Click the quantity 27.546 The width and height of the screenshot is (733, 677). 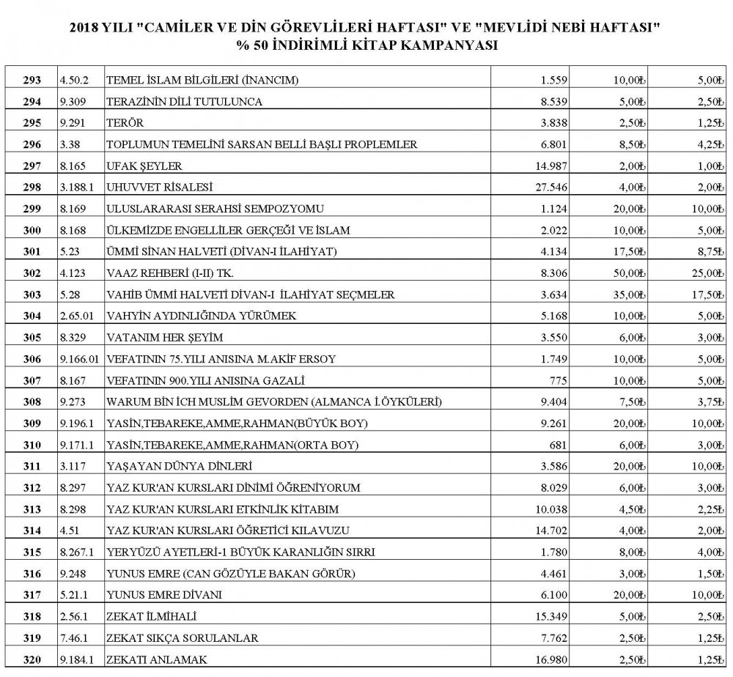(x=545, y=187)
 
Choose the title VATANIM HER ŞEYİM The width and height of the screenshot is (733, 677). (x=166, y=338)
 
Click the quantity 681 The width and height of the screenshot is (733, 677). (x=555, y=445)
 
